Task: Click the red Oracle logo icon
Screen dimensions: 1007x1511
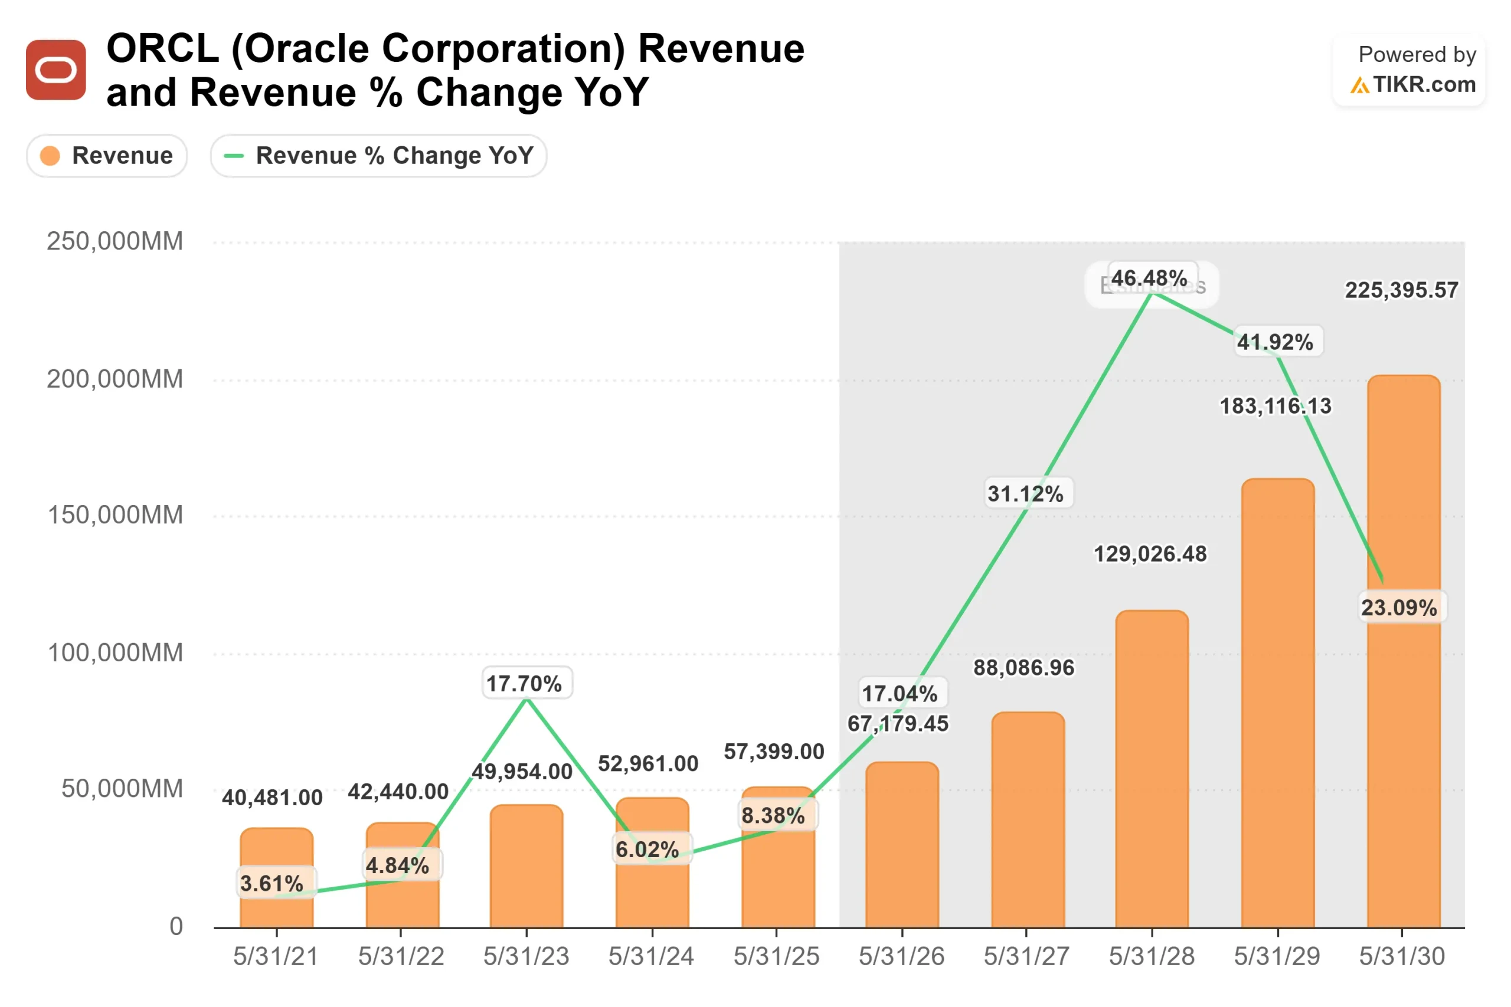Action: [56, 70]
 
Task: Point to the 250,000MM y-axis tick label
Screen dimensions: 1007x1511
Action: [115, 241]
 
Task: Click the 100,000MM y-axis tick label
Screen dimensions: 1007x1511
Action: [115, 653]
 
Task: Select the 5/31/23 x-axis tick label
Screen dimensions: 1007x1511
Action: [526, 957]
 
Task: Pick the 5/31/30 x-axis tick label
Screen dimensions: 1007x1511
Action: [1402, 957]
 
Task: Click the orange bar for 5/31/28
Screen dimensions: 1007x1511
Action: [1152, 770]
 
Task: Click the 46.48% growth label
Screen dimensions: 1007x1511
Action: [1149, 278]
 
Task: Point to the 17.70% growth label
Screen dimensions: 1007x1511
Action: [524, 684]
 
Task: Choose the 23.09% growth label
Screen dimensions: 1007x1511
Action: [1399, 608]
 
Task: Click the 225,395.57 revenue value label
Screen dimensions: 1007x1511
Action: [1402, 290]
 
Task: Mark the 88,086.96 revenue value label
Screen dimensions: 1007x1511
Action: [1024, 668]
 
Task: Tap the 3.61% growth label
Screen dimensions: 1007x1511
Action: [272, 884]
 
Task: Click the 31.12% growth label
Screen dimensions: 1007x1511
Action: [1025, 494]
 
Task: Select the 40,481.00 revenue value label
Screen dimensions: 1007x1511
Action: [272, 798]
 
